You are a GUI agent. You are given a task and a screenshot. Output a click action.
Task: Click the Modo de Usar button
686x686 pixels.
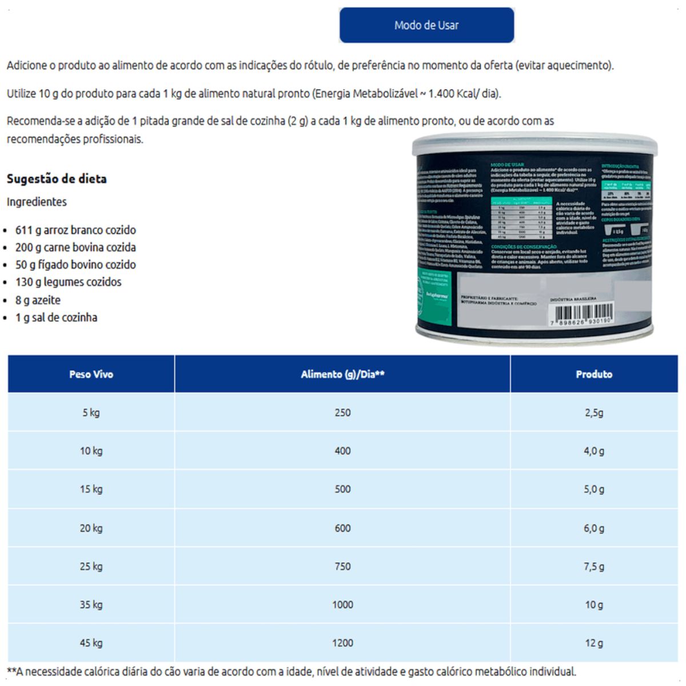426,25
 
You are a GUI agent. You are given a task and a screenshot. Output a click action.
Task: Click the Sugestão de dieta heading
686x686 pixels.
57,179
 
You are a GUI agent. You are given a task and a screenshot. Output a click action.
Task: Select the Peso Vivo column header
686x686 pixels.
91,374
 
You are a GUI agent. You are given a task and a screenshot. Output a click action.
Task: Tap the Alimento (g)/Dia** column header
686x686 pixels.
342,374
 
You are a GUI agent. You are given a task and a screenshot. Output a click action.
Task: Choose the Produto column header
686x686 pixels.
594,374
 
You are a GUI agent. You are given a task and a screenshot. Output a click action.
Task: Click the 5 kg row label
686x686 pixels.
91,413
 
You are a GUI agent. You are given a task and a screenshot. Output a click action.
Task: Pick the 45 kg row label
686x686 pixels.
91,643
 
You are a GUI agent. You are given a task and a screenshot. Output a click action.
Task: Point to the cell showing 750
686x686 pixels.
342,567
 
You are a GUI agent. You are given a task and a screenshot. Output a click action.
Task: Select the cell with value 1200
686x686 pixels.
342,643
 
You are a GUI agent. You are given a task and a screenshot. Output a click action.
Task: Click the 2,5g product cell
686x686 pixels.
594,413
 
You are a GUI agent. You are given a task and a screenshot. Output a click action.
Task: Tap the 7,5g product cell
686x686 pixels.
594,567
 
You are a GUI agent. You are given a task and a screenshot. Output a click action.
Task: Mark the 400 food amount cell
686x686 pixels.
342,451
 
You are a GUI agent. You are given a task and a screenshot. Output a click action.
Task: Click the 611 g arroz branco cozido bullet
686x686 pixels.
75,230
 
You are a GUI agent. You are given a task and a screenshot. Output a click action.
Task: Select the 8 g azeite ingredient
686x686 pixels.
38,300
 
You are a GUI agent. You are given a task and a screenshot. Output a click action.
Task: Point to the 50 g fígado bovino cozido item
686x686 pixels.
75,265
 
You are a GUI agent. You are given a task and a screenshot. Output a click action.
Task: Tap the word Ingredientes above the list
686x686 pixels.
37,202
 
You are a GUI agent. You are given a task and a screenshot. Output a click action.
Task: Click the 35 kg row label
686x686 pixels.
91,605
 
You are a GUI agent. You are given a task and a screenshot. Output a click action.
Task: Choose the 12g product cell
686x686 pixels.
594,643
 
